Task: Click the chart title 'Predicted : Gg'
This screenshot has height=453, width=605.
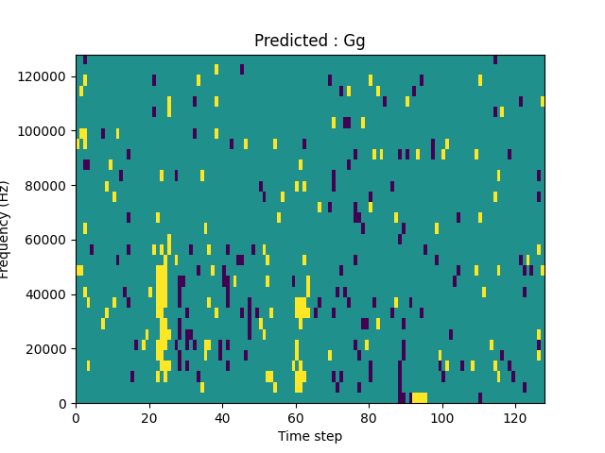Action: (309, 41)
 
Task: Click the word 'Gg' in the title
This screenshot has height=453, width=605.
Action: (354, 41)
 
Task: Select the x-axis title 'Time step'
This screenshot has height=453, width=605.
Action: (309, 436)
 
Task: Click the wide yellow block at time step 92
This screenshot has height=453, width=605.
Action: (419, 397)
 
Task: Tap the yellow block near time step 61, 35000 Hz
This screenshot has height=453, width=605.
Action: (301, 308)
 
